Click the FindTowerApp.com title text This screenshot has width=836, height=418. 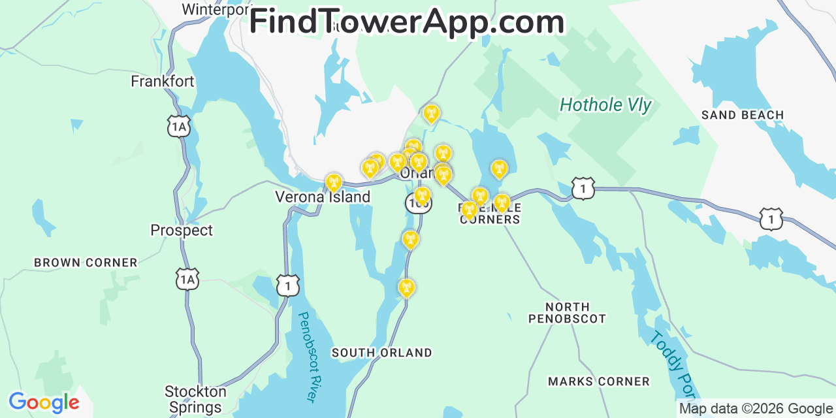click(406, 22)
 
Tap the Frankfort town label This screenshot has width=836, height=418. click(163, 82)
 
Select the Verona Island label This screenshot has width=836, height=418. click(323, 197)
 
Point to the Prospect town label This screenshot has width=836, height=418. click(182, 231)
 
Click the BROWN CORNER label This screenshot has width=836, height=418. click(86, 263)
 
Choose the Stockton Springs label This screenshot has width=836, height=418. click(195, 400)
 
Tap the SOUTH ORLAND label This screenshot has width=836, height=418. click(381, 353)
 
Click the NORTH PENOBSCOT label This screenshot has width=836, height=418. click(567, 313)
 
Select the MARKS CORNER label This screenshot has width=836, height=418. click(599, 381)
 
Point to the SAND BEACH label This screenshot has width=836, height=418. click(742, 116)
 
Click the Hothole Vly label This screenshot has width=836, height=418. click(605, 104)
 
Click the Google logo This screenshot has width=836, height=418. click(44, 402)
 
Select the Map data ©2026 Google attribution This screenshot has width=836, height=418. click(756, 409)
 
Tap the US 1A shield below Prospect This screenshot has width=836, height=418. click(187, 280)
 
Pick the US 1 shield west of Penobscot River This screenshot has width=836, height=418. click(288, 285)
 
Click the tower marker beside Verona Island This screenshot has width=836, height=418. click(334, 182)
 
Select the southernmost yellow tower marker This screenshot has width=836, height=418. click(406, 287)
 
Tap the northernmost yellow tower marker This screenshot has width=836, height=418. click(431, 114)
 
